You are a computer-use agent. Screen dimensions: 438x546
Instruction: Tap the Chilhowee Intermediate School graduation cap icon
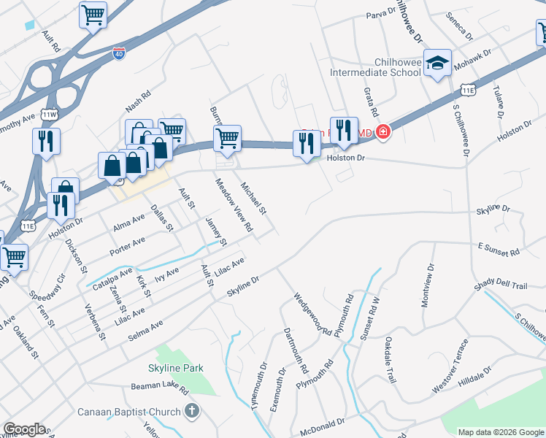coord(438,64)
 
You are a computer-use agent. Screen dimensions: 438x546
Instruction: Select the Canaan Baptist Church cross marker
coord(192,412)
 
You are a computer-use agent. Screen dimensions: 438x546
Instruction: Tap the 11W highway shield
coord(50,115)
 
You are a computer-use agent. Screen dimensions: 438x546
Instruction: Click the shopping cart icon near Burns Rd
coord(228,138)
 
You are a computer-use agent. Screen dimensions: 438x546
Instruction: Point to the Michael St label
coord(255,199)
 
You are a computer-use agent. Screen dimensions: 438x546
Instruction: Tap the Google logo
coord(24,429)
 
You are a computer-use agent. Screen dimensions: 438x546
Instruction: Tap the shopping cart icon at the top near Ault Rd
coord(93,14)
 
